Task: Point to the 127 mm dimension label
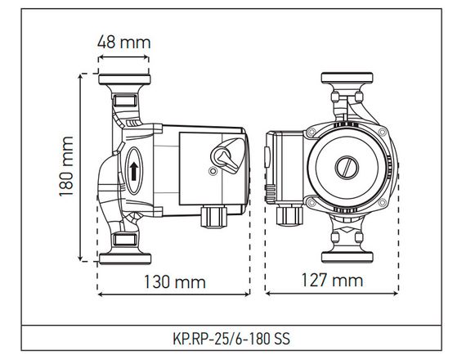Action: click(334, 281)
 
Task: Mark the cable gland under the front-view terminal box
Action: click(288, 217)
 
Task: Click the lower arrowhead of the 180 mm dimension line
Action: click(82, 260)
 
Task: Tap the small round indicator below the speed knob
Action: click(213, 173)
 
